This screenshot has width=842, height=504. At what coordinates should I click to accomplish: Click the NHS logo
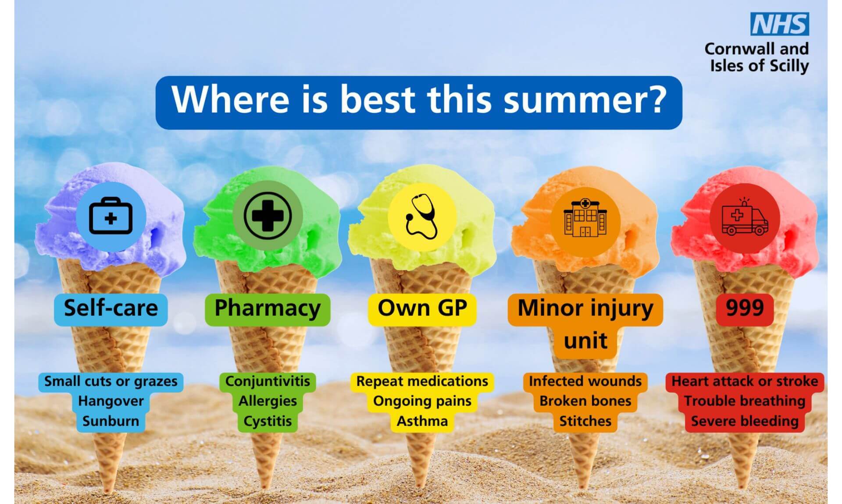780,24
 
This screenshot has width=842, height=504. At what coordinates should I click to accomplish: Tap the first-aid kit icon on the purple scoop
111,216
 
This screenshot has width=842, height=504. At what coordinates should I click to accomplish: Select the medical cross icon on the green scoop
268,216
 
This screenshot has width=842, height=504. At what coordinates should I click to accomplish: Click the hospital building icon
585,217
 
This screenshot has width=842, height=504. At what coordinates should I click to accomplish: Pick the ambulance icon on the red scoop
745,217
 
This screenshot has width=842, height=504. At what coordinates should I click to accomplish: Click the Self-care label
111,308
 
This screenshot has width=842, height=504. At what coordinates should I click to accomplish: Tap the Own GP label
422,308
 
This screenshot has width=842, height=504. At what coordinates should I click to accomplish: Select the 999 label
745,308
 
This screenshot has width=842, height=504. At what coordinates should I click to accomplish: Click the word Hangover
111,401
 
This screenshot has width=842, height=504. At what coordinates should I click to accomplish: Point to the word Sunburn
111,421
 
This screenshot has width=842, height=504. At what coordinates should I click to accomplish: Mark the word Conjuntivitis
268,381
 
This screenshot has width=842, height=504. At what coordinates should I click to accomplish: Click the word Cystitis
268,421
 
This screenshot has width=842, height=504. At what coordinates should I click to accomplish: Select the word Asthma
422,421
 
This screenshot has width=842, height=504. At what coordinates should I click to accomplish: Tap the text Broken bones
585,401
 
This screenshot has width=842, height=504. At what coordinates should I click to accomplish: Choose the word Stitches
585,421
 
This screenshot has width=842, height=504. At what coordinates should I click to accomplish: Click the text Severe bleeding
745,421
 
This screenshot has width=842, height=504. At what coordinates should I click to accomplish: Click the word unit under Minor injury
585,341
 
